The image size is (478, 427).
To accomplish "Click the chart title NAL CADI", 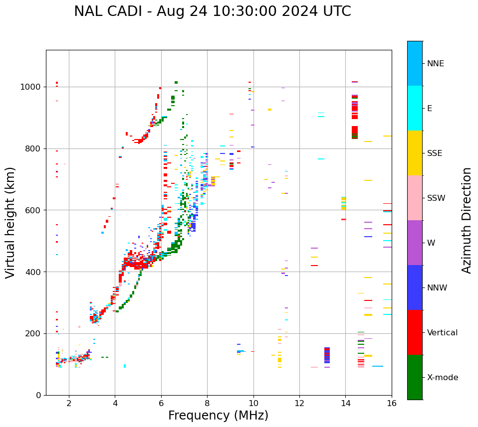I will tap(212, 11).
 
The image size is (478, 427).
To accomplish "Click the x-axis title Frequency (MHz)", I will tap(218, 416).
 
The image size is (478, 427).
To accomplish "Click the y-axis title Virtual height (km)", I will tap(11, 222).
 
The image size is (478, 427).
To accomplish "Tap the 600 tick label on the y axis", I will tap(34, 210).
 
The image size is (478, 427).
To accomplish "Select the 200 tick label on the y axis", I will tap(34, 333).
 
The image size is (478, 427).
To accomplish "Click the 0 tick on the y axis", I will tap(40, 395).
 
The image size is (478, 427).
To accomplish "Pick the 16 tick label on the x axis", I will tap(392, 403).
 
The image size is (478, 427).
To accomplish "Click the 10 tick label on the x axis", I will tap(253, 403).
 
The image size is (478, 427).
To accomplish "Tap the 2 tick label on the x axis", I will tap(69, 403).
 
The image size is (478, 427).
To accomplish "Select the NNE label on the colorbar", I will tap(436, 64).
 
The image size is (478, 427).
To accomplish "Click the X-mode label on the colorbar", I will tap(443, 378).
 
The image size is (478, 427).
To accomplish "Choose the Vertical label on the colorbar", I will tap(442, 333).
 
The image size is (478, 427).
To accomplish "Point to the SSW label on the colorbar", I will tap(436, 198).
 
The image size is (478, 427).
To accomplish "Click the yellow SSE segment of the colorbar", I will tap(415, 153).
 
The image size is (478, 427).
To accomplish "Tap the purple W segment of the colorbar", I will tap(415, 243).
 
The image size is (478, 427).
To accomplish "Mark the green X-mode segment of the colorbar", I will tap(415, 377).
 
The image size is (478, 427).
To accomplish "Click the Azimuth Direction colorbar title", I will tap(467, 220).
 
